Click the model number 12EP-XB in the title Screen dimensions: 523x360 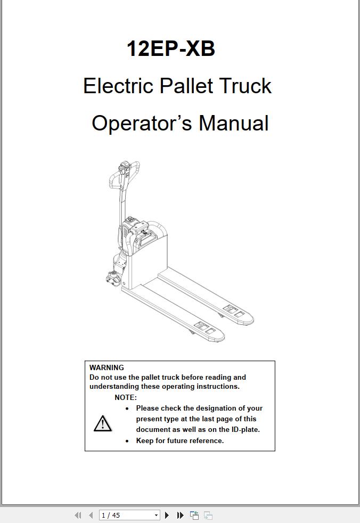(170, 48)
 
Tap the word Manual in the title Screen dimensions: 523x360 (233, 123)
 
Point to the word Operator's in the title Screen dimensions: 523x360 (141, 123)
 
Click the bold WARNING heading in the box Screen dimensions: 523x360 (107, 367)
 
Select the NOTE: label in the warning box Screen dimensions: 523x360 (126, 397)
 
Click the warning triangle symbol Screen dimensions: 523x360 (102, 423)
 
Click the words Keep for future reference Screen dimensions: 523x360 (180, 440)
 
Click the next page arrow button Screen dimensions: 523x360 (167, 515)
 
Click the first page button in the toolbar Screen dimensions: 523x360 (78, 515)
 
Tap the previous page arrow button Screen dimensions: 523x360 (91, 515)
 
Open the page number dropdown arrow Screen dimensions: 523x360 (156, 515)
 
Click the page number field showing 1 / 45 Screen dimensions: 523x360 (125, 515)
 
